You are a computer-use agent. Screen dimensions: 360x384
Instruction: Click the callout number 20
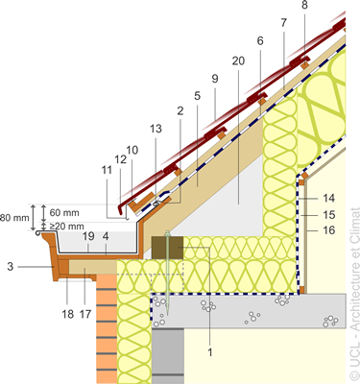click(x=238, y=60)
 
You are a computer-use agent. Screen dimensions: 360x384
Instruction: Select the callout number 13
click(x=156, y=129)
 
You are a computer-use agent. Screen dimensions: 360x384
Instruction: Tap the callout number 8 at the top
click(x=304, y=6)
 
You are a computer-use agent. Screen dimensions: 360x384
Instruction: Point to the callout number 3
click(x=11, y=266)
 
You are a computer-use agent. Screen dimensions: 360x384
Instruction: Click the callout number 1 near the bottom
click(x=210, y=352)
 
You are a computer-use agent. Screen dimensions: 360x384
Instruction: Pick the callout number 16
click(x=328, y=230)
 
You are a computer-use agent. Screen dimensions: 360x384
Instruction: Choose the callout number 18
click(x=68, y=314)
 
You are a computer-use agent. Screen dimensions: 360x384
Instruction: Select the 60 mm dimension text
click(x=64, y=212)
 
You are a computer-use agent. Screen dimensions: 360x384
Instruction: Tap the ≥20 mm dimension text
click(x=66, y=226)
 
